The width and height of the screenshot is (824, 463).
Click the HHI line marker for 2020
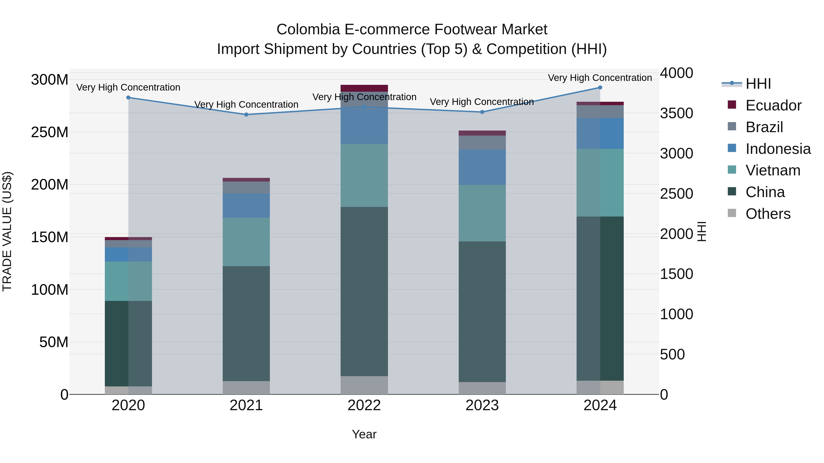[128, 97]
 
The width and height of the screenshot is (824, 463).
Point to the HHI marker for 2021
[246, 114]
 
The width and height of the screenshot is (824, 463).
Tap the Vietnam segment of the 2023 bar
[482, 213]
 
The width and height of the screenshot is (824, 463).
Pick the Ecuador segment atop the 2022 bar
[364, 88]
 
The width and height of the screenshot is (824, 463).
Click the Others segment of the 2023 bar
[482, 388]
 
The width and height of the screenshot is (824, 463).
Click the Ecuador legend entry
[773, 105]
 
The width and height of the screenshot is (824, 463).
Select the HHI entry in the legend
[758, 84]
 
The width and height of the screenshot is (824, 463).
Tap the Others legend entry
[768, 214]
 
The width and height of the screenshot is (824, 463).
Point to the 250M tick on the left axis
[50, 132]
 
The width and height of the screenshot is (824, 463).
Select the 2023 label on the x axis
[482, 405]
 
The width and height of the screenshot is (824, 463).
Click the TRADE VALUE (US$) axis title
[7, 231]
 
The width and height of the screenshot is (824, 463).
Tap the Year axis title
[364, 434]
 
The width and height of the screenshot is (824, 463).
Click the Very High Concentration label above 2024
[600, 78]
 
